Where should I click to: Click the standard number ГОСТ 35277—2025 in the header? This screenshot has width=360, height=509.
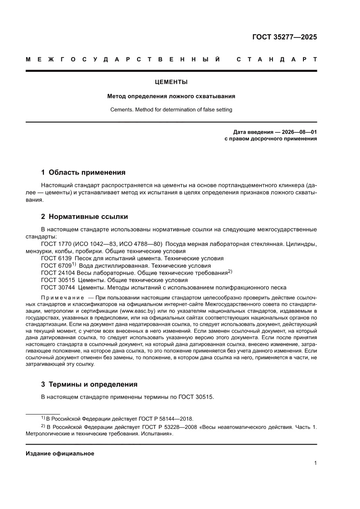pyautogui.click(x=285, y=37)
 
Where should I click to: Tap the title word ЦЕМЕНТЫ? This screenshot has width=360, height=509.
pyautogui.click(x=172, y=82)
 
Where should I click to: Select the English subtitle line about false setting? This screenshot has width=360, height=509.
pyautogui.click(x=172, y=110)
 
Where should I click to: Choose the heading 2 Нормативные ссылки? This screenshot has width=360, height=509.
pyautogui.click(x=84, y=216)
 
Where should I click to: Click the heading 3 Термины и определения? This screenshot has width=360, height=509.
pyautogui.click(x=89, y=384)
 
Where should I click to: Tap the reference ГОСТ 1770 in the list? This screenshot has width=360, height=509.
pyautogui.click(x=57, y=244)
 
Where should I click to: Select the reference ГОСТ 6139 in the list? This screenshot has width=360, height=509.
pyautogui.click(x=57, y=258)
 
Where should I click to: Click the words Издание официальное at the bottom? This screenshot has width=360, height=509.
pyautogui.click(x=60, y=453)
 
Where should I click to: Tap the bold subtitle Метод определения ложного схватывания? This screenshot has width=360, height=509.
pyautogui.click(x=172, y=96)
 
